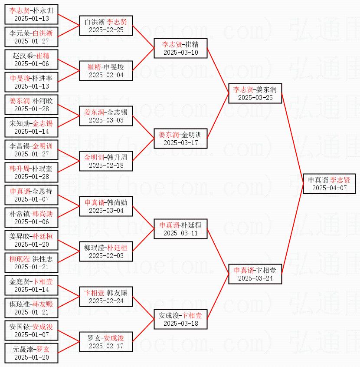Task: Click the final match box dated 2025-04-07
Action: (x=329, y=183)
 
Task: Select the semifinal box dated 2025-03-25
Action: (x=255, y=93)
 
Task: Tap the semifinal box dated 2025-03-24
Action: (x=255, y=274)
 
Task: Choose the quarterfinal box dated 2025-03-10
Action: (x=180, y=48)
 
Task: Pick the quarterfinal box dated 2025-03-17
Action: (x=180, y=138)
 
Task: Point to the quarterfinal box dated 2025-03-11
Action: (x=180, y=228)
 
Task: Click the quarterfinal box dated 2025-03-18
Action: (x=180, y=319)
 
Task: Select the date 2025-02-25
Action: (x=106, y=30)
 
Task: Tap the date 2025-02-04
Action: (x=106, y=75)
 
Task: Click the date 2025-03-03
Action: (x=106, y=120)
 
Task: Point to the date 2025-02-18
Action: (x=106, y=165)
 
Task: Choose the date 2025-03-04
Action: (x=106, y=211)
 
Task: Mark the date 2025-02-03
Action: (x=106, y=256)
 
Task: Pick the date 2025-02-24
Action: (x=106, y=301)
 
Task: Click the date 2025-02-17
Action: (x=106, y=346)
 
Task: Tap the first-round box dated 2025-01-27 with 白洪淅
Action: (x=31, y=37)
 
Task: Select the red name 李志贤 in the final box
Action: (x=340, y=179)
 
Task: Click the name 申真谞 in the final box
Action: (x=318, y=179)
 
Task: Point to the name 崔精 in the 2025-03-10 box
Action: (x=192, y=44)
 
